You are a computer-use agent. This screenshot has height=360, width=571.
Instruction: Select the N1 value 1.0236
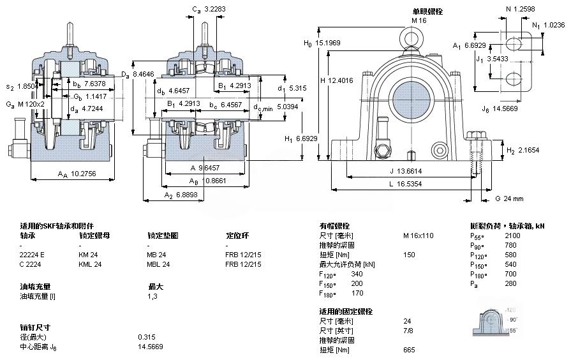pos(552,26)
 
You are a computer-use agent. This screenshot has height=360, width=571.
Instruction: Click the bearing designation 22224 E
pos(33,255)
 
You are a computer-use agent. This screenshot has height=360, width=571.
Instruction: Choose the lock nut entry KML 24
pos(90,264)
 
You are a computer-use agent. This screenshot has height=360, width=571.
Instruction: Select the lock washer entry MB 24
pos(156,255)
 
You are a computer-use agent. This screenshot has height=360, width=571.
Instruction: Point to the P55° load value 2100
pos(512,236)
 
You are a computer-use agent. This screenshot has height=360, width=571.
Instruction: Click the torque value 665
pos(409,350)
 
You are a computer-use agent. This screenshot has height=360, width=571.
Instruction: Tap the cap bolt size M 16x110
pos(418,236)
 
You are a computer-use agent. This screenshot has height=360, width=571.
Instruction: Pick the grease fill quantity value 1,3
pos(153,296)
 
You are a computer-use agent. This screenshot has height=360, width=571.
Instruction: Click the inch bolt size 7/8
pos(408,331)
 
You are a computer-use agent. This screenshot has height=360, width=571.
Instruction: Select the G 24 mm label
pos(508,199)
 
